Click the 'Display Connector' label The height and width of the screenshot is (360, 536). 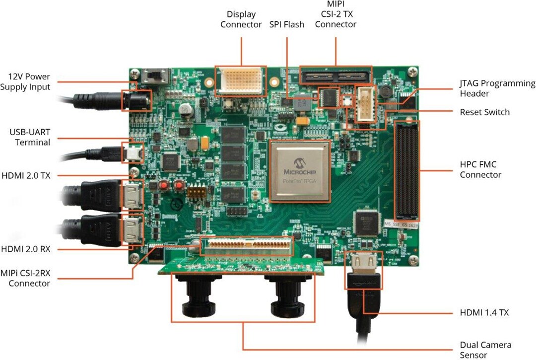[241, 19]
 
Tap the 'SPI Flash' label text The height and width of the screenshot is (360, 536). [286, 24]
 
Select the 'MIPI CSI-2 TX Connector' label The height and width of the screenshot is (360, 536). [335, 14]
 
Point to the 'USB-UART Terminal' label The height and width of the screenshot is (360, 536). [30, 138]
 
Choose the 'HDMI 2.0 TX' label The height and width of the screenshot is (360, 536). [26, 175]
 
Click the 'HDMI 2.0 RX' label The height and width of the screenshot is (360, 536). [26, 248]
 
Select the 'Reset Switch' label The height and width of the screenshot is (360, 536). [484, 112]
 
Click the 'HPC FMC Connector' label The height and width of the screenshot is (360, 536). [480, 169]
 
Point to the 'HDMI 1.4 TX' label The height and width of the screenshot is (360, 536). [484, 312]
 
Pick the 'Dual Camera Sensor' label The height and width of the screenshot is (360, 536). [485, 350]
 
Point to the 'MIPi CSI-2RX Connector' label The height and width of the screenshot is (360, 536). [29, 279]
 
